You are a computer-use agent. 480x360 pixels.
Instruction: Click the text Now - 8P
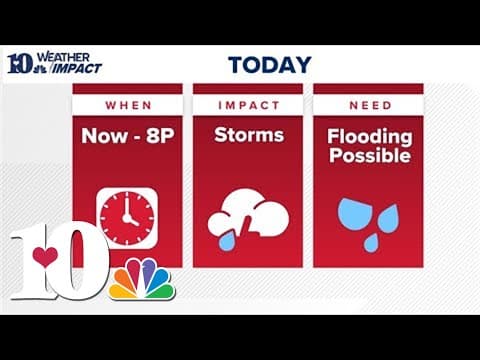127,135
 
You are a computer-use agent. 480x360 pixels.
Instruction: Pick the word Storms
247,135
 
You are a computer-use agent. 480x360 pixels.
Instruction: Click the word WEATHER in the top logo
72,57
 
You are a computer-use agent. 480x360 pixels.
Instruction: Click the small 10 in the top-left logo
20,63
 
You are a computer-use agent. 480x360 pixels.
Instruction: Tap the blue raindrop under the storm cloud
227,241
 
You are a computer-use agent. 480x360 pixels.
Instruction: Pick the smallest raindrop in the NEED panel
371,242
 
